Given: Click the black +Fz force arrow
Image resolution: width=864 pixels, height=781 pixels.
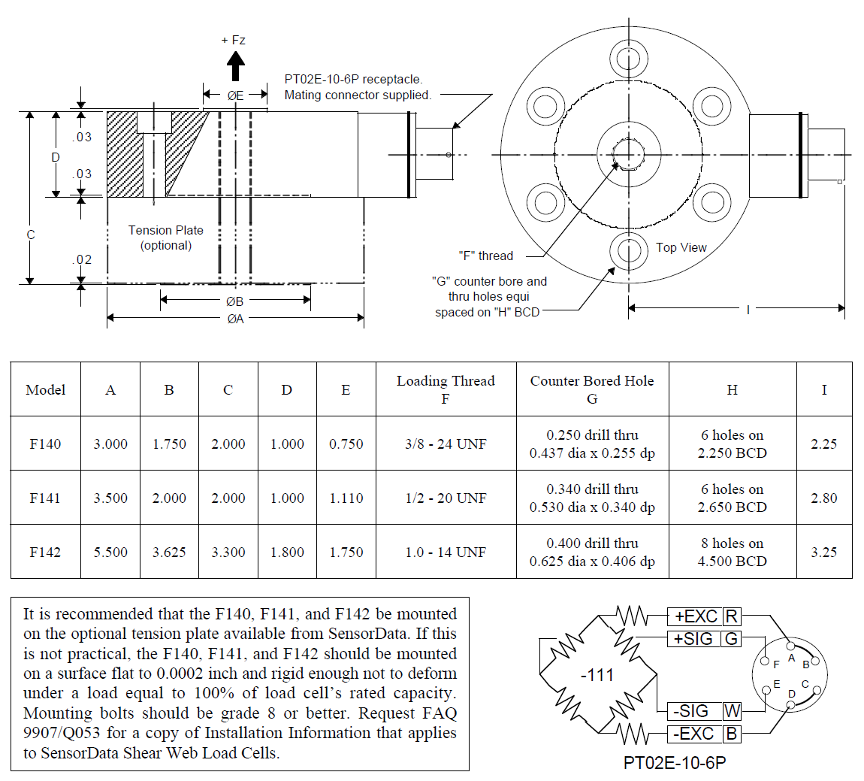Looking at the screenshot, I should coord(236,66).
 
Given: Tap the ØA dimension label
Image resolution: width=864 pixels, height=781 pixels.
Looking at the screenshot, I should coord(235,319).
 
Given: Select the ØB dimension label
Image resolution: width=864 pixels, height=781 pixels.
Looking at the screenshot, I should coord(235,301).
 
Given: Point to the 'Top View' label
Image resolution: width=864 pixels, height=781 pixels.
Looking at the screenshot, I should coord(681,247).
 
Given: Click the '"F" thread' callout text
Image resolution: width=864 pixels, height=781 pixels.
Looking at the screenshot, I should coord(485,256).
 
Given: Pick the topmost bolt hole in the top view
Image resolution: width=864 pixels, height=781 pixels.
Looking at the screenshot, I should coord(628,59).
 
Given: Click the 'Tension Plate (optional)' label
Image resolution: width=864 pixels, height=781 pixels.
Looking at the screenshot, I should coord(165,238).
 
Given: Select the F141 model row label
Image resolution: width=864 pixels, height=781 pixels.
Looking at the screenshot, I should coord(45,498).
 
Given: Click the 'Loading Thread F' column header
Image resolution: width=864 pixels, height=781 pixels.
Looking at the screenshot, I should coord(446,389).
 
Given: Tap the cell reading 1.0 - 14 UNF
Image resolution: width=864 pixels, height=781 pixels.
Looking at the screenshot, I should coord(446,552).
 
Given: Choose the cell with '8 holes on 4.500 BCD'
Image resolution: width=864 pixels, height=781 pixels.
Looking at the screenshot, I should coord(732,552).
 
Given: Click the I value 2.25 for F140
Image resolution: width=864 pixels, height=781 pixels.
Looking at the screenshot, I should coord(823,443).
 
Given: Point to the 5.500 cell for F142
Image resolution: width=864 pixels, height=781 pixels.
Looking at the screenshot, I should coord(110,552).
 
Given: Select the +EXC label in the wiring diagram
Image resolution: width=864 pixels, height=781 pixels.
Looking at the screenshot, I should coord(696,617).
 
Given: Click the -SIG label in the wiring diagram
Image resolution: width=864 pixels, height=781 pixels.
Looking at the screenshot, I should coord(690,711).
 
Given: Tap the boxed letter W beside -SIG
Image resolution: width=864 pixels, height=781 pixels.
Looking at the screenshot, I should coord(732,711).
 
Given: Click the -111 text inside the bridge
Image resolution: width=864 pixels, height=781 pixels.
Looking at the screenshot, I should coord(597,675).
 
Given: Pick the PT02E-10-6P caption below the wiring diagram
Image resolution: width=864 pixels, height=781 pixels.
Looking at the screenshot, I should coord(675,763).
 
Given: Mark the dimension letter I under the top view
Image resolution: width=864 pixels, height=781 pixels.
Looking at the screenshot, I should coord(748,309).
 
